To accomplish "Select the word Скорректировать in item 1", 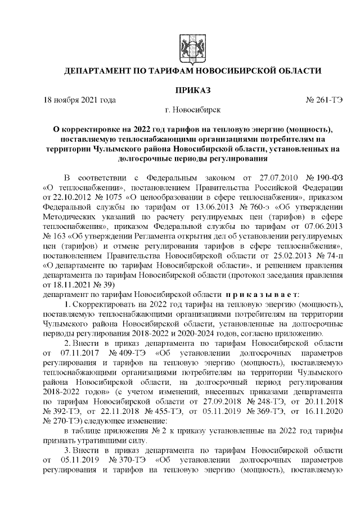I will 104,304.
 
